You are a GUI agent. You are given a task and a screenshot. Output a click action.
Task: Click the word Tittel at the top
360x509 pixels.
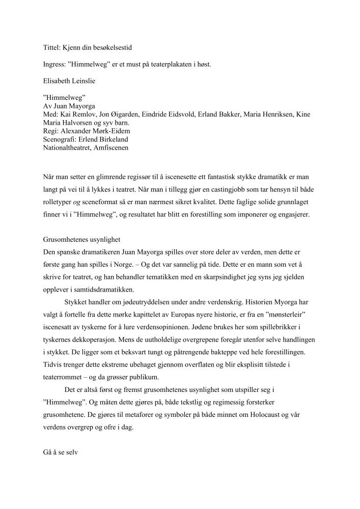51,47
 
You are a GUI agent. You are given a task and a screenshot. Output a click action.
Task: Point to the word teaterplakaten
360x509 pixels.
164,65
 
